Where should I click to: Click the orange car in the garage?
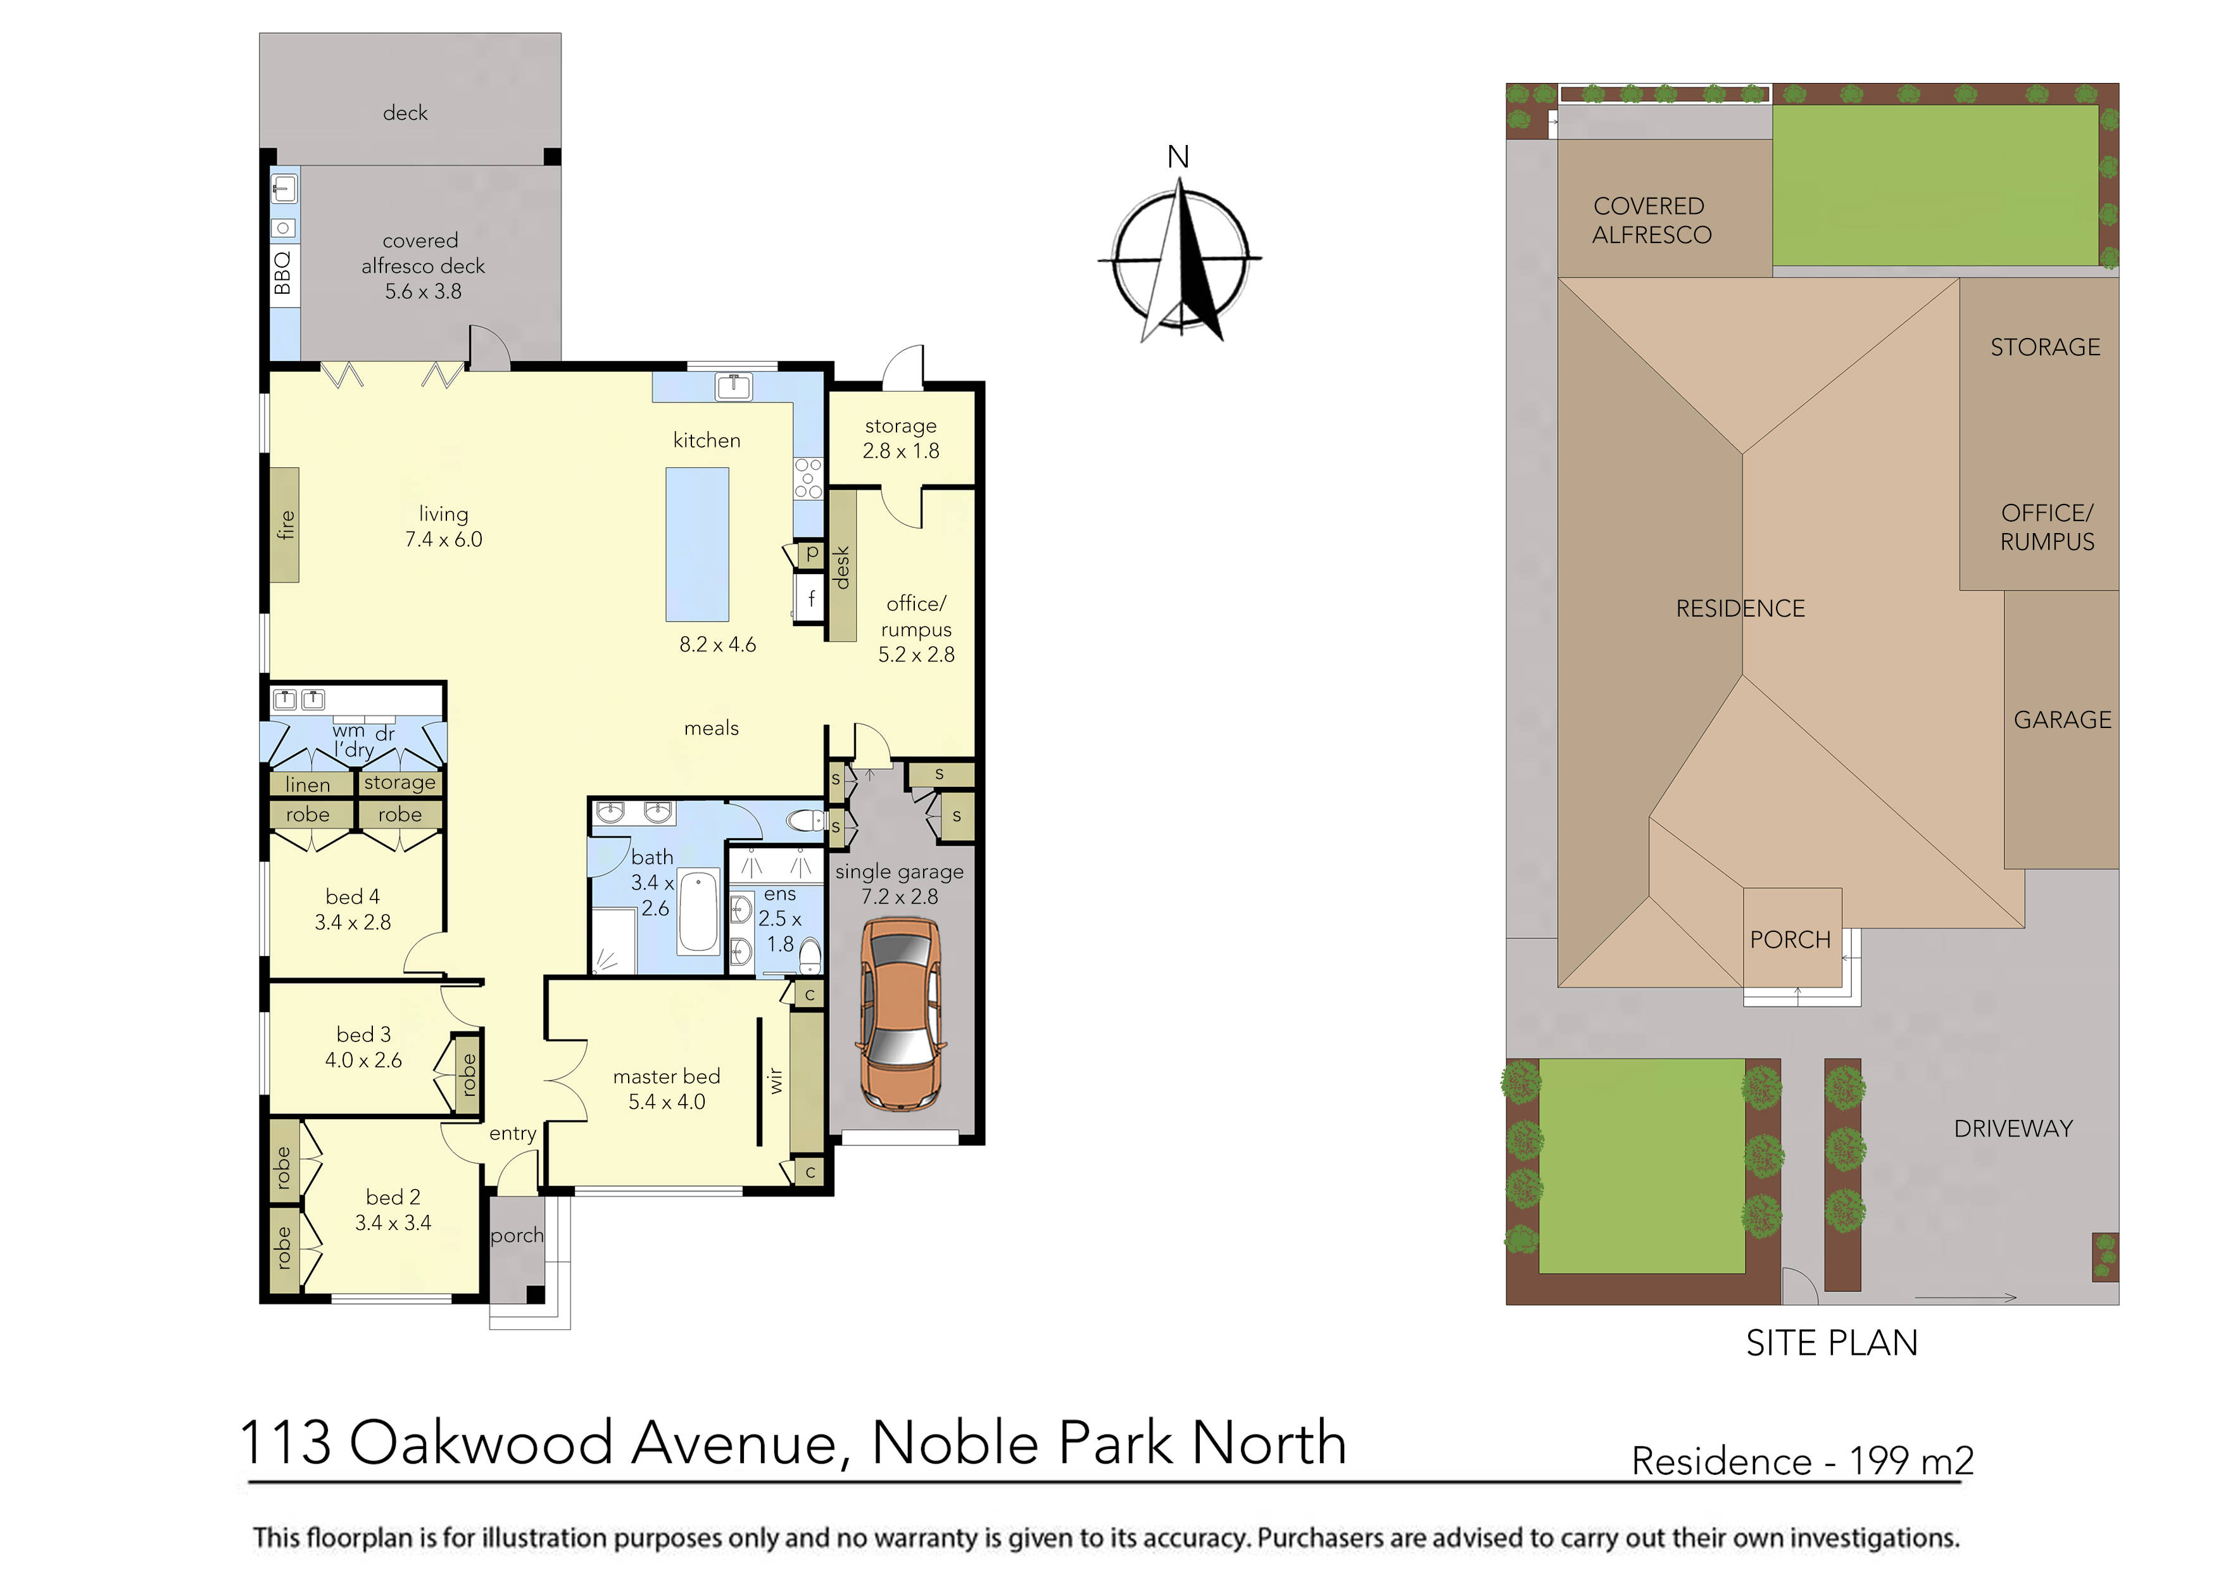pyautogui.click(x=900, y=1015)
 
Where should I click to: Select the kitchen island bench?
pyautogui.click(x=696, y=544)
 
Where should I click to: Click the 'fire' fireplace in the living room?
pyautogui.click(x=284, y=524)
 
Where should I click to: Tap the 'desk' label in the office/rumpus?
pyautogui.click(x=841, y=567)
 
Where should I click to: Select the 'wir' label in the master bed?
pyautogui.click(x=775, y=1081)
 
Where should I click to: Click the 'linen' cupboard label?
pyautogui.click(x=308, y=784)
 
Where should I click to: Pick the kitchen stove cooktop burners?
pyautogui.click(x=808, y=479)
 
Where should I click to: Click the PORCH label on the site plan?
pyautogui.click(x=1790, y=939)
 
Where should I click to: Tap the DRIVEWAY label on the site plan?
pyautogui.click(x=2013, y=1129)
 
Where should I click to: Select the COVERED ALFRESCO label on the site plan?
pyautogui.click(x=1651, y=220)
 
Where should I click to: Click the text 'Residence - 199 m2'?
pyautogui.click(x=1802, y=1460)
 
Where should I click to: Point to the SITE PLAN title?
pyautogui.click(x=1830, y=1343)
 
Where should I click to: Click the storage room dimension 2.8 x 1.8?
pyautogui.click(x=900, y=451)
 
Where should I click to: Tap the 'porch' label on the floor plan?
pyautogui.click(x=517, y=1235)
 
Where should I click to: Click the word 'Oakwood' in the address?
pyautogui.click(x=481, y=1443)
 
